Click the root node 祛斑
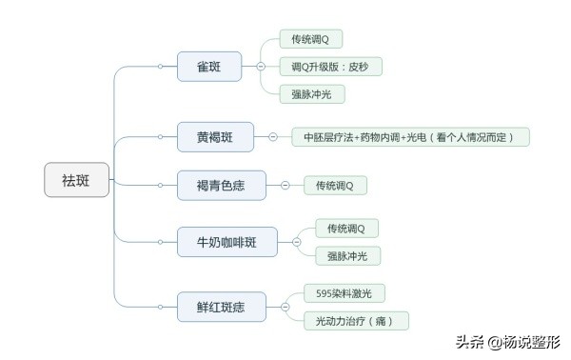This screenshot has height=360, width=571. pos(77,178)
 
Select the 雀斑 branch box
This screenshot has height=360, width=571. pos(208,67)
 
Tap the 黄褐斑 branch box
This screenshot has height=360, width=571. pos(216,137)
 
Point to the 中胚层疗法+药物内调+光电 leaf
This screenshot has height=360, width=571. pos(408,137)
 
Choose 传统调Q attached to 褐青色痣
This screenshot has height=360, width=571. pos(335,185)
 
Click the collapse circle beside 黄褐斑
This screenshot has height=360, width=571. pos(272,137)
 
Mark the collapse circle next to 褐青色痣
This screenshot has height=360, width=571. pos(285,185)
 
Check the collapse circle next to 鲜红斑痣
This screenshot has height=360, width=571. pos(285,307)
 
